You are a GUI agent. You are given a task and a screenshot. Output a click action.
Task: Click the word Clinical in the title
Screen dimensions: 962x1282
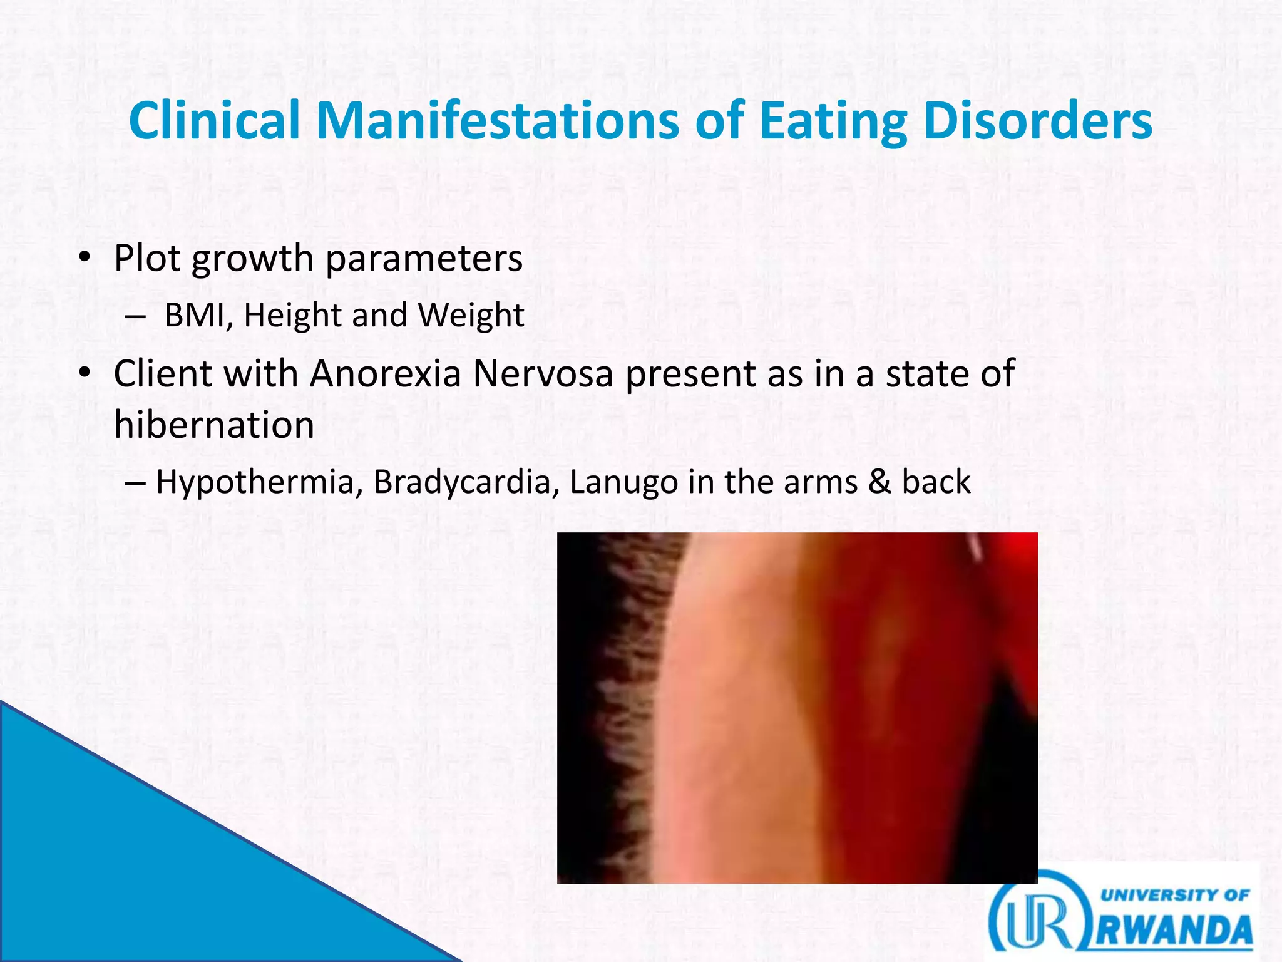tap(214, 120)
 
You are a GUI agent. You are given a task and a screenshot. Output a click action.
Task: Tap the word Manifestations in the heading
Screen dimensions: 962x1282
tap(498, 120)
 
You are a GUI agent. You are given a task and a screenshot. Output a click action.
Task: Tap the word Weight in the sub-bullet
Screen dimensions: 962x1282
tap(471, 315)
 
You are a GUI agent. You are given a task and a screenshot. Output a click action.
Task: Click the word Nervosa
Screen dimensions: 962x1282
tap(542, 374)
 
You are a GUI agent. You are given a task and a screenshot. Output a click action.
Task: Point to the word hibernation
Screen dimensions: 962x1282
tap(214, 425)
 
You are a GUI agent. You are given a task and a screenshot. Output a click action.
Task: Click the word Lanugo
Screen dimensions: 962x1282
tap(623, 482)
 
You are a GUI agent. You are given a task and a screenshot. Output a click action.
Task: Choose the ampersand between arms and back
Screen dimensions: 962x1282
tap(879, 482)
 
